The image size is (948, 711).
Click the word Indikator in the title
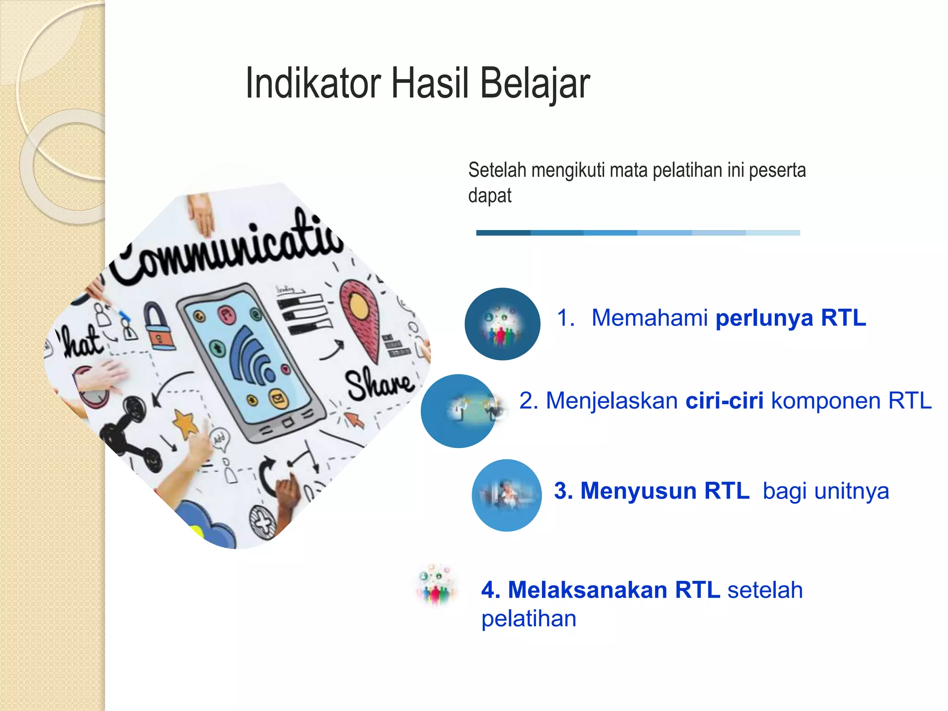click(313, 84)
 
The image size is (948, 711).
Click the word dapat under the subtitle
click(490, 196)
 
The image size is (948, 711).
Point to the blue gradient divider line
click(638, 233)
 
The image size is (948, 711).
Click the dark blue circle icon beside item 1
click(503, 324)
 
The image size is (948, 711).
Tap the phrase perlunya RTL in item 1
click(791, 318)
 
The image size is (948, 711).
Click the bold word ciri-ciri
click(724, 400)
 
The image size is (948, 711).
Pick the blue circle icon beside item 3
click(507, 495)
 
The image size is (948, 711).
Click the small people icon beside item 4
click(437, 585)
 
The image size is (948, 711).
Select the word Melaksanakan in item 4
click(587, 590)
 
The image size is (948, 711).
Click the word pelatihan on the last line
click(529, 619)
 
